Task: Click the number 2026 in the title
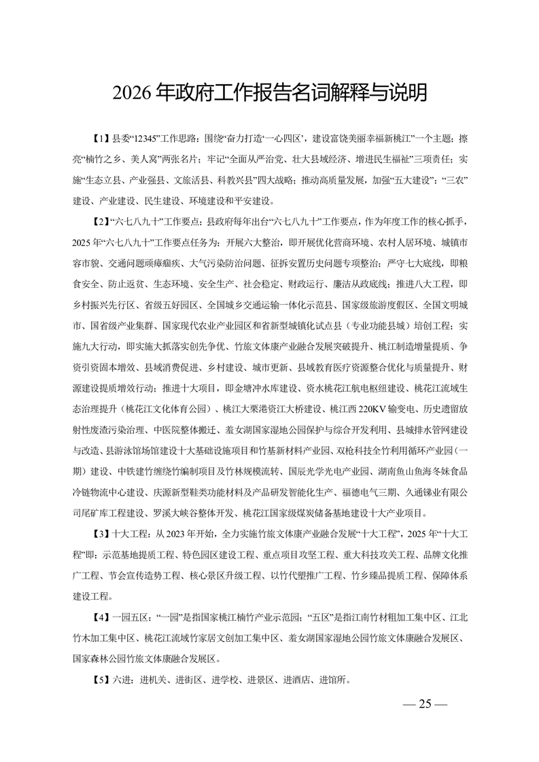coord(133,92)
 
